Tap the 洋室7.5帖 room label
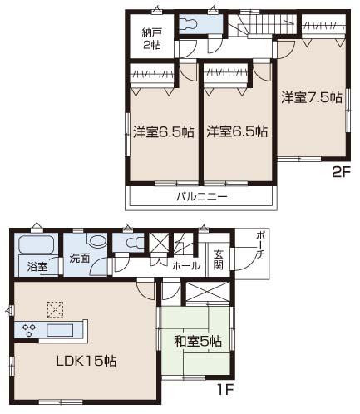click(311, 97)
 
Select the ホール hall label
click(185, 266)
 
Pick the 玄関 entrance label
click(219, 259)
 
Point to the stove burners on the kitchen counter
click(31, 330)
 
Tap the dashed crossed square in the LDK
click(55, 309)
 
